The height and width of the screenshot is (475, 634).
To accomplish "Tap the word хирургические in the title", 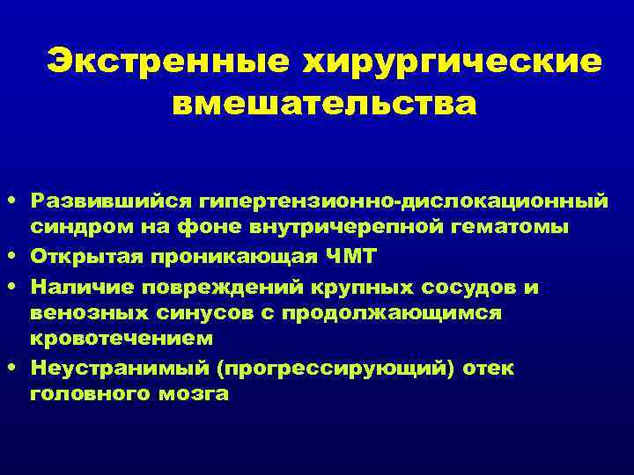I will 453,62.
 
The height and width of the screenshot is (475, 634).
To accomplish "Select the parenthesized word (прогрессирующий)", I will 325,368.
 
